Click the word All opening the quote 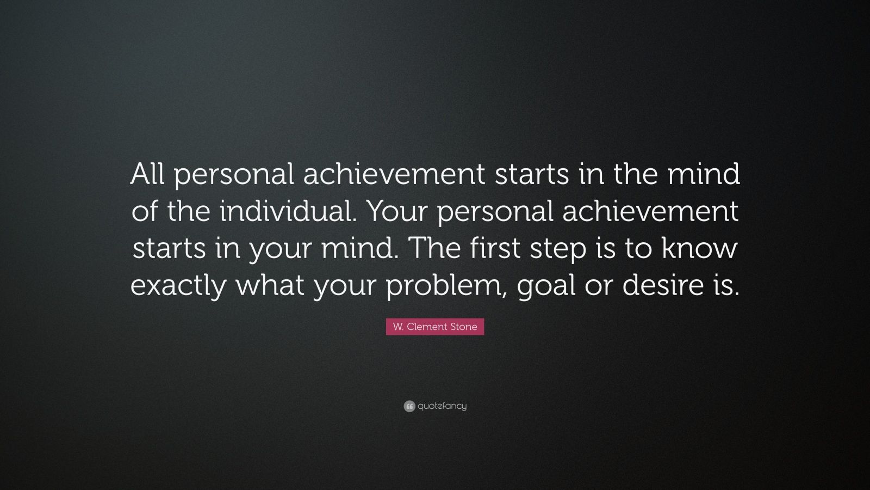(x=149, y=174)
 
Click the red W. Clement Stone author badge (x=435, y=327)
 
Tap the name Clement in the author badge (x=427, y=327)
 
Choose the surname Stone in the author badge (x=464, y=327)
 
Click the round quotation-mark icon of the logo (x=409, y=406)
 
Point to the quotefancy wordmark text (x=442, y=406)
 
